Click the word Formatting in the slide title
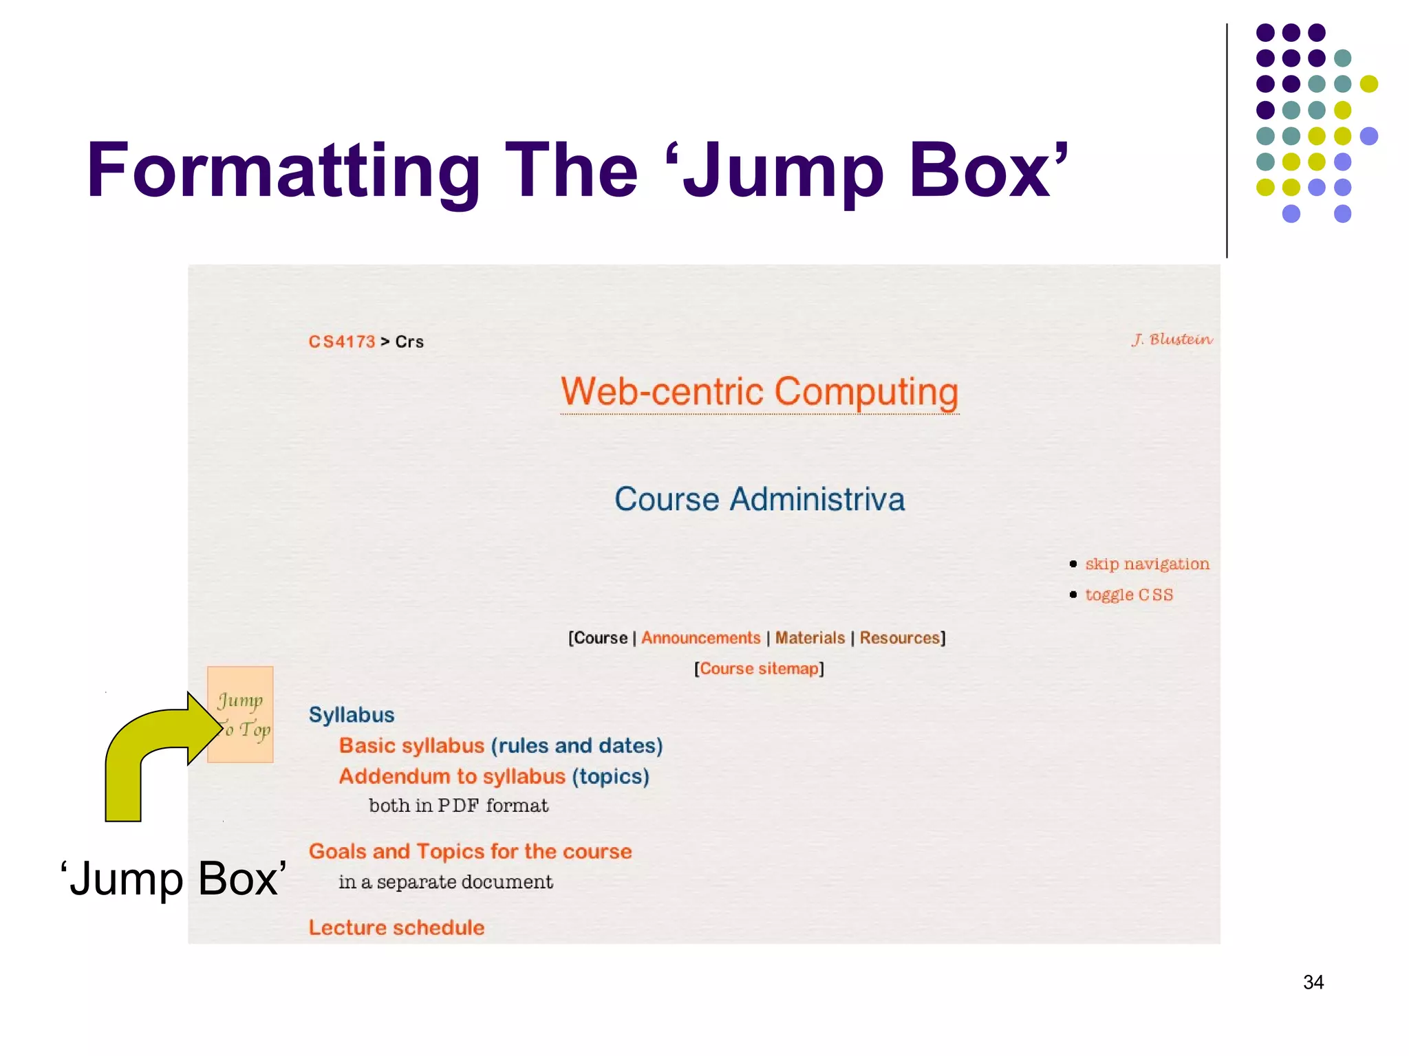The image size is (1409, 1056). pyautogui.click(x=283, y=171)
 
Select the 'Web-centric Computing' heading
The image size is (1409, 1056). pyautogui.click(x=760, y=392)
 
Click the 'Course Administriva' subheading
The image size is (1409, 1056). pyautogui.click(x=759, y=499)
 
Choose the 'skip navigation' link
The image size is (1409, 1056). pyautogui.click(x=1147, y=564)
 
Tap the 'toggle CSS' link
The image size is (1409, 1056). pyautogui.click(x=1129, y=595)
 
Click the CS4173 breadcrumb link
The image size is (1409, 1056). pyautogui.click(x=342, y=342)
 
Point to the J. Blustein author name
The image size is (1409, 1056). pyautogui.click(x=1172, y=340)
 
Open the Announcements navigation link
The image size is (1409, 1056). pyautogui.click(x=700, y=638)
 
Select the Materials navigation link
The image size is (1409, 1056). pyautogui.click(x=810, y=638)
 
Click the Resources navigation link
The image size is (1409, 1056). pyautogui.click(x=899, y=638)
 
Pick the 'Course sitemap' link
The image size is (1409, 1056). pyautogui.click(x=759, y=669)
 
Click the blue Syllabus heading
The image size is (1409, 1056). pyautogui.click(x=352, y=715)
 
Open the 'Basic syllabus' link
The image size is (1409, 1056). pyautogui.click(x=411, y=746)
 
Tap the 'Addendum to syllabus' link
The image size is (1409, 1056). pyautogui.click(x=452, y=777)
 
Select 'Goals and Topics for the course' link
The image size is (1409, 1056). pyautogui.click(x=470, y=852)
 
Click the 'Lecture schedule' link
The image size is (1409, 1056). pyautogui.click(x=396, y=928)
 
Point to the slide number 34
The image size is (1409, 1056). pyautogui.click(x=1313, y=982)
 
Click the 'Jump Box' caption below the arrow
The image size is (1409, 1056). pyautogui.click(x=173, y=879)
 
